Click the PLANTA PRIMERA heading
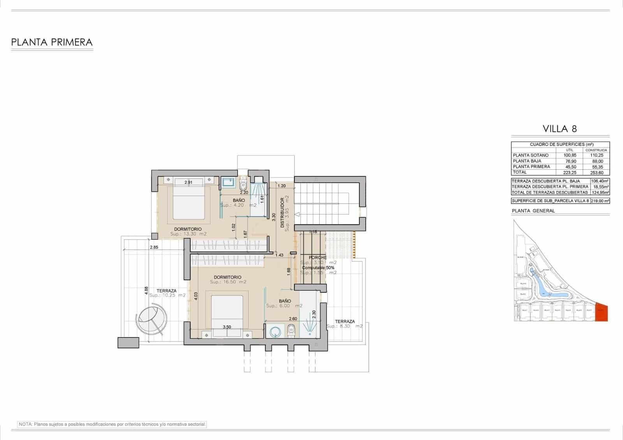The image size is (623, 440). click(x=52, y=42)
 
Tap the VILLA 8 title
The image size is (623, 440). click(x=560, y=128)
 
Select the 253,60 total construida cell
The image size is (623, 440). click(x=597, y=172)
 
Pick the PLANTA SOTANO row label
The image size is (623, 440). click(x=530, y=155)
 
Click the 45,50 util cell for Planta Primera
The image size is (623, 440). click(x=570, y=167)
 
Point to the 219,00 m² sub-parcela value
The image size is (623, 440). click(x=600, y=201)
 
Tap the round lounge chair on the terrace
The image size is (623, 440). click(x=152, y=320)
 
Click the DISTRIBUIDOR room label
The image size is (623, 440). click(x=282, y=212)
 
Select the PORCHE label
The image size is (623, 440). click(x=317, y=258)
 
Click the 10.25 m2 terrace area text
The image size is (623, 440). click(x=167, y=296)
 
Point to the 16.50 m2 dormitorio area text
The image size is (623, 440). click(x=228, y=282)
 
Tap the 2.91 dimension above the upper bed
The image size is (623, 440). click(x=188, y=182)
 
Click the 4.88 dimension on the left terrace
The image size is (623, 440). click(x=146, y=290)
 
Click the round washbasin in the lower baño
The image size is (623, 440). click(x=275, y=332)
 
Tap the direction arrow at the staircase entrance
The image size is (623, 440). click(x=297, y=214)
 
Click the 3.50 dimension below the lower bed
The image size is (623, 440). click(x=227, y=327)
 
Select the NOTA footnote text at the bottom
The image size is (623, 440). click(x=112, y=424)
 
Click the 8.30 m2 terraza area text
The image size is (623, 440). click(x=344, y=326)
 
